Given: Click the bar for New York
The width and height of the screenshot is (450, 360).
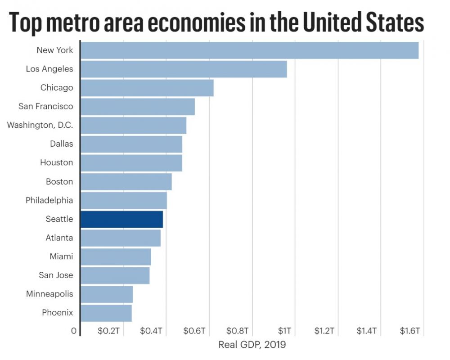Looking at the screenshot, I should click(249, 50).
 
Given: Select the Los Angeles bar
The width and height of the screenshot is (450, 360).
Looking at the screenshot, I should click(184, 69).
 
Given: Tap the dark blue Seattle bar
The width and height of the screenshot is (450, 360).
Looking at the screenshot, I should click(121, 219).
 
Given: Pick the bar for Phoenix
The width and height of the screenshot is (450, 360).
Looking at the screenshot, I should click(106, 313).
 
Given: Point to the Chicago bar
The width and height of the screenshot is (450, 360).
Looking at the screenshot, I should click(147, 88).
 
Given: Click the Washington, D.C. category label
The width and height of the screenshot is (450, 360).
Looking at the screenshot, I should click(40, 125).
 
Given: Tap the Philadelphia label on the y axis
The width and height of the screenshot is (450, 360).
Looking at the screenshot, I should click(49, 200).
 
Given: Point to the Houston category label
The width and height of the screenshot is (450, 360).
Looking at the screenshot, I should click(56, 162).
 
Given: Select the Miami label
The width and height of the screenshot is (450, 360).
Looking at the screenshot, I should click(61, 256).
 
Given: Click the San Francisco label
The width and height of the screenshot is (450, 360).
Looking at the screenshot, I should click(45, 107).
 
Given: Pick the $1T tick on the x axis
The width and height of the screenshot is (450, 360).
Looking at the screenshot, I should click(284, 331).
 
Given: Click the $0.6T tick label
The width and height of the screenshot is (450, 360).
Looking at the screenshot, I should click(194, 331).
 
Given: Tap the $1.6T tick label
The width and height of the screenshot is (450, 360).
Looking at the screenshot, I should click(409, 331).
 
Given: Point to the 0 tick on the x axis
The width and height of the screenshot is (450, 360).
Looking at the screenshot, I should click(73, 331).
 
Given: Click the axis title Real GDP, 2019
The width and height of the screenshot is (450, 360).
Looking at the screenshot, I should click(252, 345).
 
